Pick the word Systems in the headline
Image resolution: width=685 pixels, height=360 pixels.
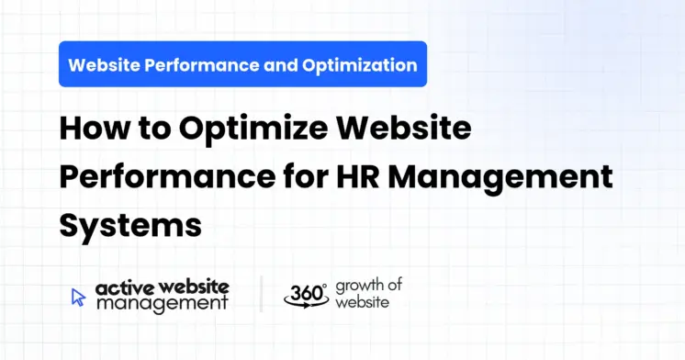pos(129,225)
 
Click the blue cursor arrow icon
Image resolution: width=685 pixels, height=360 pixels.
pos(79,297)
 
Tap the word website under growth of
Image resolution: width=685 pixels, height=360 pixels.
pos(361,302)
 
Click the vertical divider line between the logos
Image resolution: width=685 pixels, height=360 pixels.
pos(261,295)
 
